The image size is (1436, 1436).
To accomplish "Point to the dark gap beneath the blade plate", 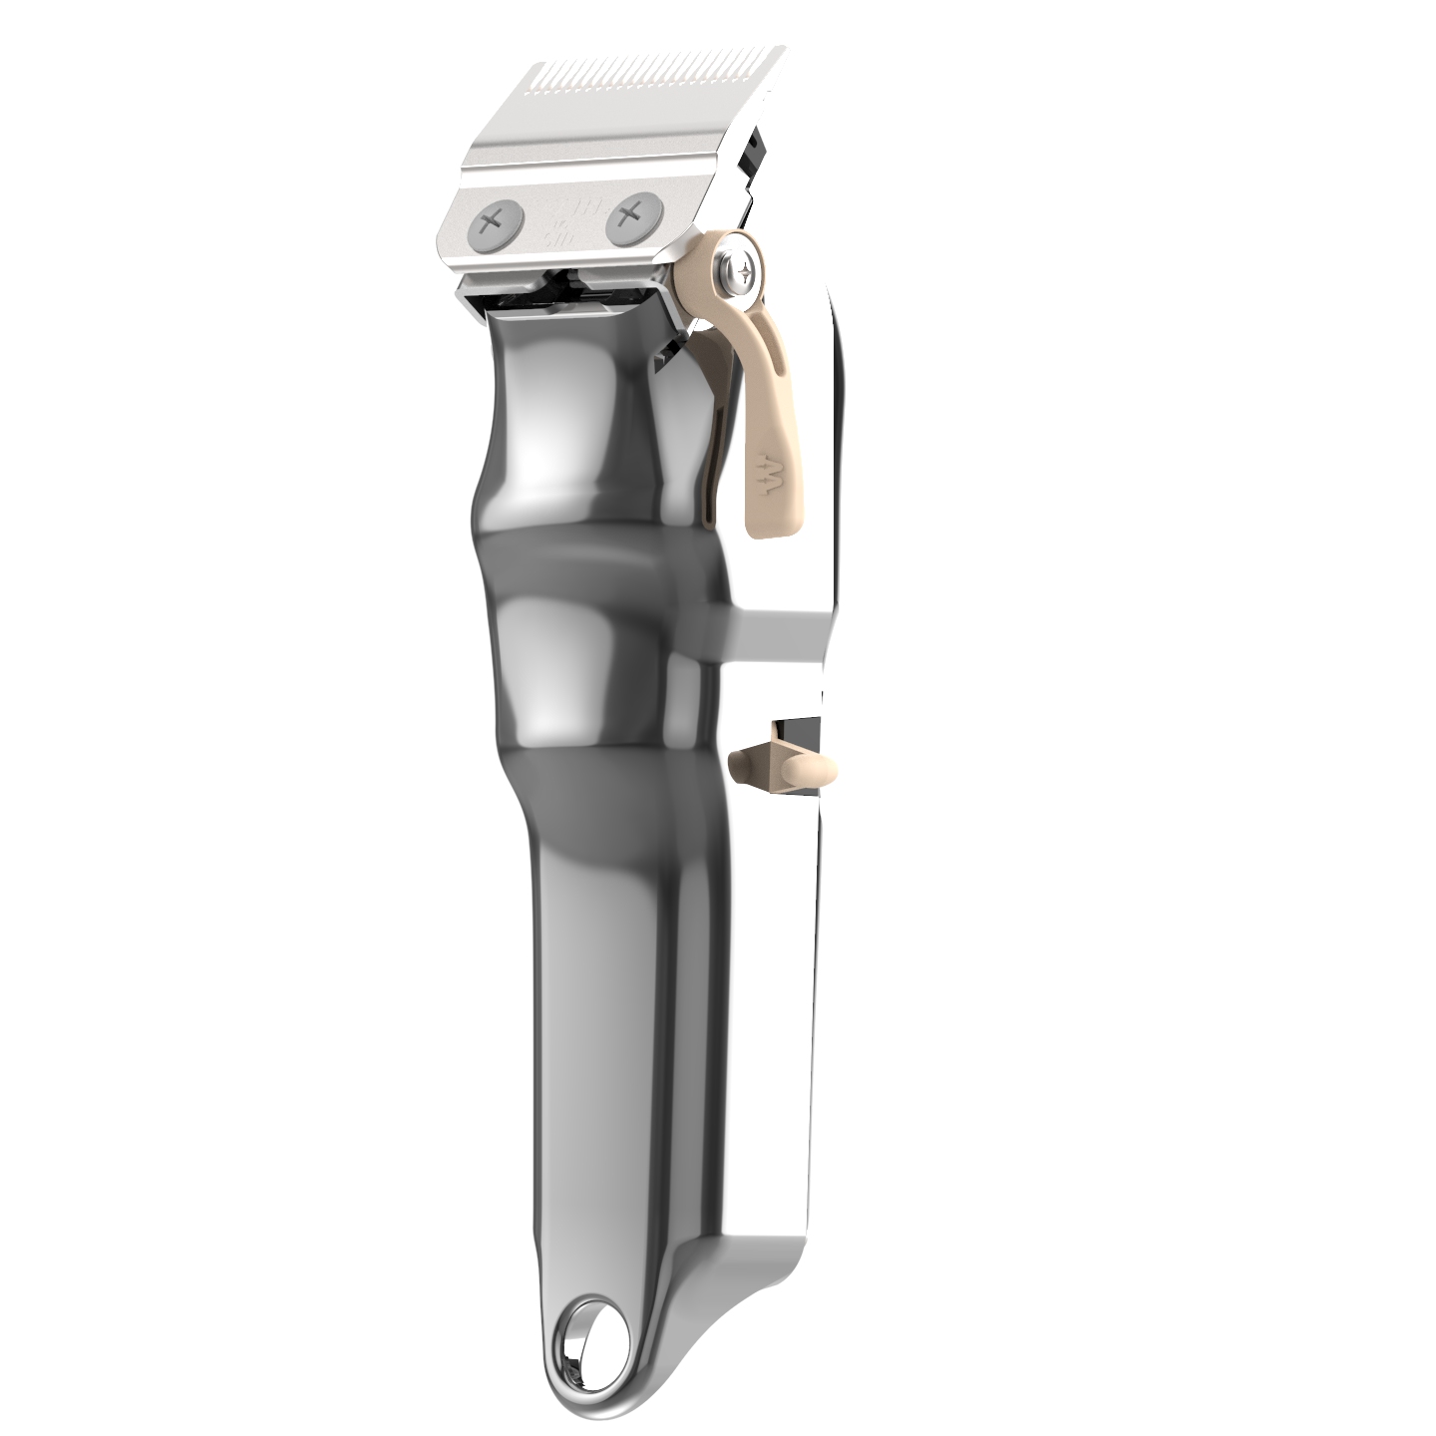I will point(558,290).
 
